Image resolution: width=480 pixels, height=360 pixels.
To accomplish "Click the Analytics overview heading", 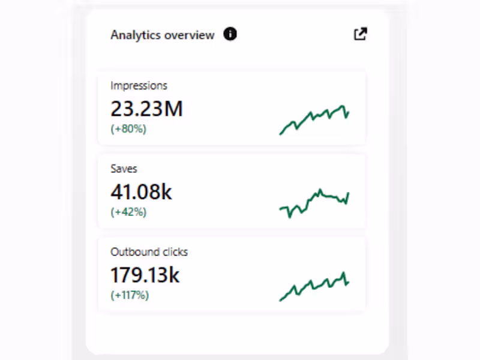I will [x=162, y=35].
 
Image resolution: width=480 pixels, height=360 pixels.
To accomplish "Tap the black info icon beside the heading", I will [x=230, y=34].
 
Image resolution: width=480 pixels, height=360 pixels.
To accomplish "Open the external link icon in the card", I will [x=360, y=34].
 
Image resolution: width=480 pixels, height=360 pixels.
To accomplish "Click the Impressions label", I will [x=139, y=86].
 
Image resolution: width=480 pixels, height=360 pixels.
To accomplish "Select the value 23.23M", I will [x=146, y=109].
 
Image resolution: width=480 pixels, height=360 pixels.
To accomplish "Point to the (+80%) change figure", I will [x=128, y=128].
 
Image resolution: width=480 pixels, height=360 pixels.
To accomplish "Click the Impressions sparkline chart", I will [x=314, y=119].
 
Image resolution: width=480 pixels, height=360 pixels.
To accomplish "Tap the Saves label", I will [x=124, y=169].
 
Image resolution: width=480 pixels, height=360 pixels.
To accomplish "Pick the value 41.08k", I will [x=141, y=191].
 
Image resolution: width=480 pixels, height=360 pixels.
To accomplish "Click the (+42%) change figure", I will [x=128, y=212].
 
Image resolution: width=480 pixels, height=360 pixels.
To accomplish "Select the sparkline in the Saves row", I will [x=314, y=203].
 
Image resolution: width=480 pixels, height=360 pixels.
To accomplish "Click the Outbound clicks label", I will [x=149, y=252].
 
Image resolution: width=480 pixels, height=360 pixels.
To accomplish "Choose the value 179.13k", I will [x=145, y=275].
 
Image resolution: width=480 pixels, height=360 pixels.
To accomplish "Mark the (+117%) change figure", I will [x=130, y=295].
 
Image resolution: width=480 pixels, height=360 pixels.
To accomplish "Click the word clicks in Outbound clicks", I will [x=174, y=252].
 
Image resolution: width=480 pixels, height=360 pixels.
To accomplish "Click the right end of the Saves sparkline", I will [x=348, y=194].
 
